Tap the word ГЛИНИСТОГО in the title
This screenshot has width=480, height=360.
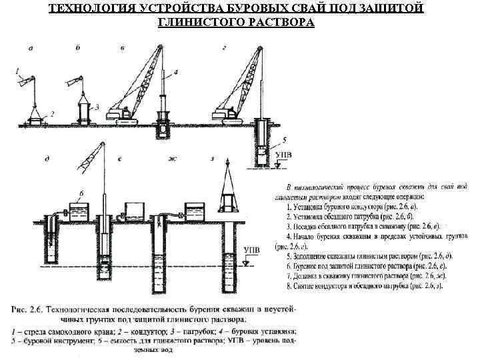(x=201, y=22)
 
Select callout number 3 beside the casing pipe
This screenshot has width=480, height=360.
(x=97, y=106)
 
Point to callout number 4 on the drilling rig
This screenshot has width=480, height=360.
(x=175, y=71)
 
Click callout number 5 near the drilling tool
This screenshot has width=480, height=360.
(x=285, y=140)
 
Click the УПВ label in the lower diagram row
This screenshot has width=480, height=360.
(x=251, y=251)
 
